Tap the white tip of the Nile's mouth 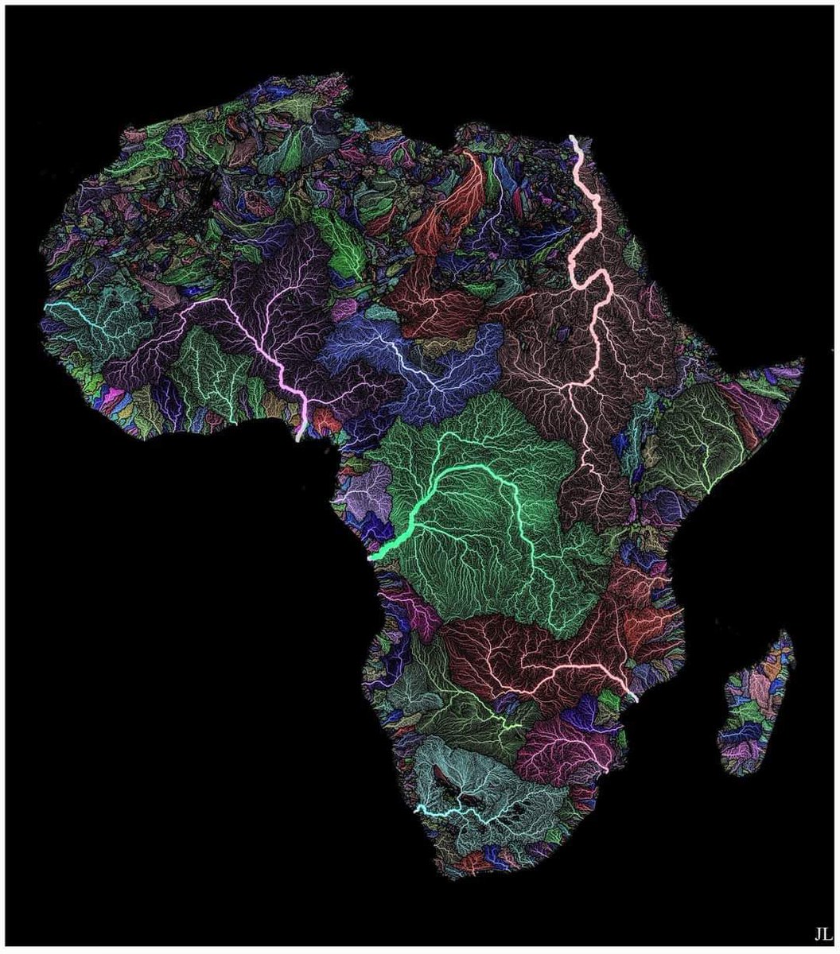click(574, 140)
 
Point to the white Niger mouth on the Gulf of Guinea click(299, 436)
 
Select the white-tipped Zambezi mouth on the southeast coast click(633, 697)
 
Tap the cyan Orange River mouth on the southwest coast click(419, 809)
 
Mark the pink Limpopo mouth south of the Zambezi click(607, 769)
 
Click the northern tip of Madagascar click(787, 632)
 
